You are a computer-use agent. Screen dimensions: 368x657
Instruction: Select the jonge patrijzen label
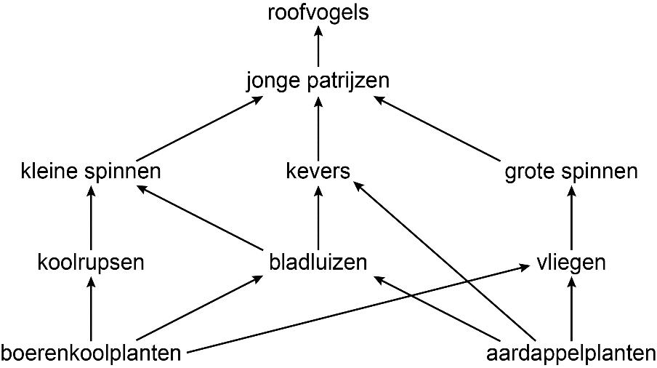pos(318,81)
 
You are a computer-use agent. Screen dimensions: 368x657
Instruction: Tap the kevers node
pos(318,172)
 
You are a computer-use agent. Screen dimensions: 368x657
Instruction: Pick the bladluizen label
pos(318,262)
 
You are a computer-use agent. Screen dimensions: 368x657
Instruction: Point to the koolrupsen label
pos(91,263)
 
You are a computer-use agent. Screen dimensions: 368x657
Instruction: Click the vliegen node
pos(571,263)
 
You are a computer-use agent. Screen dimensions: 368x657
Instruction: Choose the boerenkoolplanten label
pos(91,354)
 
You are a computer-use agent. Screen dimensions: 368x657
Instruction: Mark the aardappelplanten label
pos(571,354)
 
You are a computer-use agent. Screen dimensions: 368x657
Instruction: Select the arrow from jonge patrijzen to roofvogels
pos(318,47)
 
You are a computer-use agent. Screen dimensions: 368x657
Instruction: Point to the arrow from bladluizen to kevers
pos(318,217)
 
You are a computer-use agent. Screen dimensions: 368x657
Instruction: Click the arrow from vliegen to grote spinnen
pos(571,217)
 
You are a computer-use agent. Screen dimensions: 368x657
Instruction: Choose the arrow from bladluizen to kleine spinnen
pos(199,217)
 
